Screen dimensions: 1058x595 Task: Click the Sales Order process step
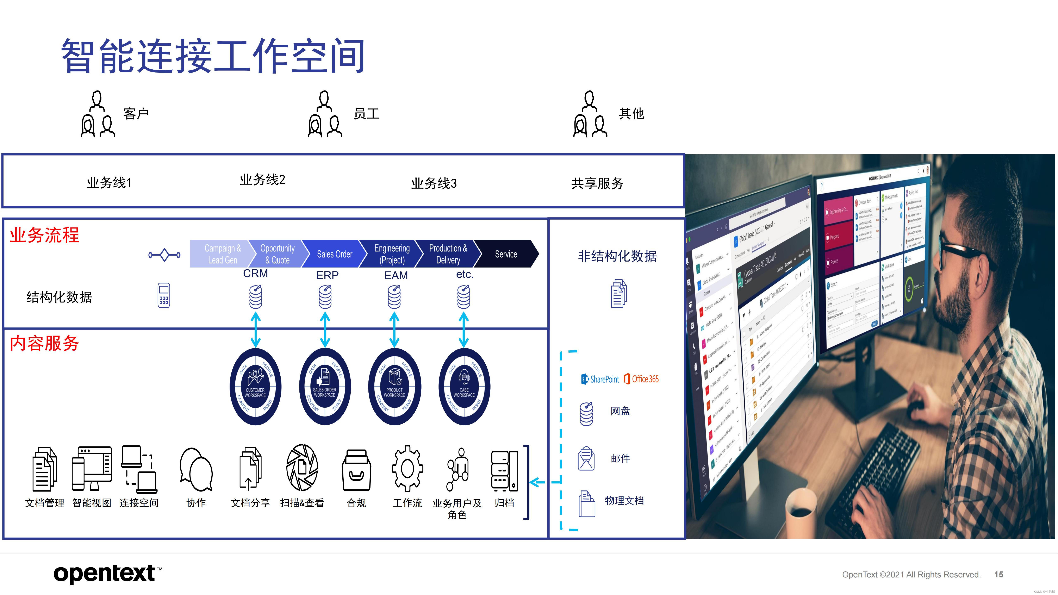(x=334, y=254)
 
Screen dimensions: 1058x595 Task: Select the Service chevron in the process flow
(x=506, y=254)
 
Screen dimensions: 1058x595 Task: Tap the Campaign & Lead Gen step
(x=222, y=254)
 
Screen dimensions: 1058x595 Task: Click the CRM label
(x=255, y=274)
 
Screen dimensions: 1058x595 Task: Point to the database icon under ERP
(x=325, y=297)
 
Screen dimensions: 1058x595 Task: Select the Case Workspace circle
(x=464, y=386)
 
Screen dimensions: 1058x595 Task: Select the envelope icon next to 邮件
(x=586, y=458)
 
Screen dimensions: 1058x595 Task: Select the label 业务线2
(x=262, y=180)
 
